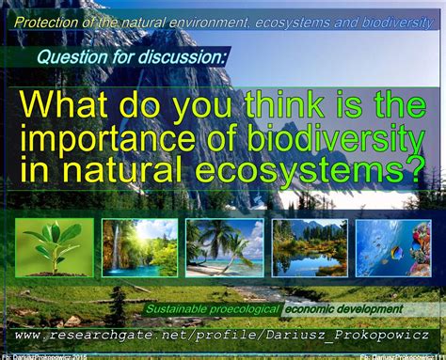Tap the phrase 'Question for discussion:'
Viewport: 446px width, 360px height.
[x=132, y=57]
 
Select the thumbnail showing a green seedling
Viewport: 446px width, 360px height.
[x=54, y=246]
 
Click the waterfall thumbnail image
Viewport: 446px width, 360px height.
[x=138, y=247]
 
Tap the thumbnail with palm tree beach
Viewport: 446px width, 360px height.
[x=224, y=247]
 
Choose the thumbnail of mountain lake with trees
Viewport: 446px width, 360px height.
[x=310, y=247]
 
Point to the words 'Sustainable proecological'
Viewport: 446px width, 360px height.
[x=213, y=308]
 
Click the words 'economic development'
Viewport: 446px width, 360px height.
[x=343, y=308]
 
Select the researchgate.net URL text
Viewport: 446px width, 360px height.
[x=222, y=335]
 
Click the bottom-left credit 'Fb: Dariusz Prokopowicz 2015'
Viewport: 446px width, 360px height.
[x=45, y=356]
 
